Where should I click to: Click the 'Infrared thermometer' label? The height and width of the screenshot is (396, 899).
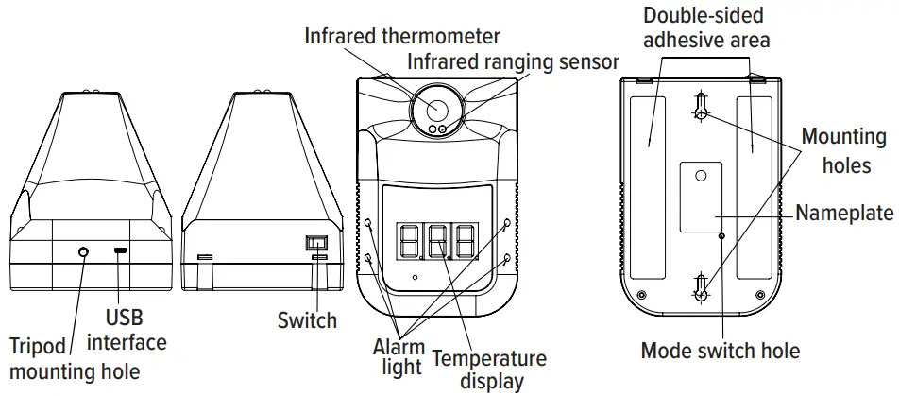401,37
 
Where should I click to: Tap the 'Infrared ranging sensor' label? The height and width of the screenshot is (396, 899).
513,62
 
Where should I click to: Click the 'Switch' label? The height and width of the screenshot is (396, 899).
307,319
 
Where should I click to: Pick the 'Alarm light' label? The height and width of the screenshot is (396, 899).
399,356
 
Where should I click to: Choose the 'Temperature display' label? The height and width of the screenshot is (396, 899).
489,370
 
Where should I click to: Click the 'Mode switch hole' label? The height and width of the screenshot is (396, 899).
721,351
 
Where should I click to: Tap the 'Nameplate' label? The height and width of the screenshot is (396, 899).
843,213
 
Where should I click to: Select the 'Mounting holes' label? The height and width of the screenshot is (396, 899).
836,150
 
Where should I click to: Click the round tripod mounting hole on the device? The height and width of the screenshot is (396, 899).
84,251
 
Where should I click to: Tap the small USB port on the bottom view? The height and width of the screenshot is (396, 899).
120,251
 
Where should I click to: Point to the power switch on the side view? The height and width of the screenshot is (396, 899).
315,243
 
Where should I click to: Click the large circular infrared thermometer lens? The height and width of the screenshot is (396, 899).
435,108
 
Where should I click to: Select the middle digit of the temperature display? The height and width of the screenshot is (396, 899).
437,243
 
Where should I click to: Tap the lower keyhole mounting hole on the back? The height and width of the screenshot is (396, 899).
700,287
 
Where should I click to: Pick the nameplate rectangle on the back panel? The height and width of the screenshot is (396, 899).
701,196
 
